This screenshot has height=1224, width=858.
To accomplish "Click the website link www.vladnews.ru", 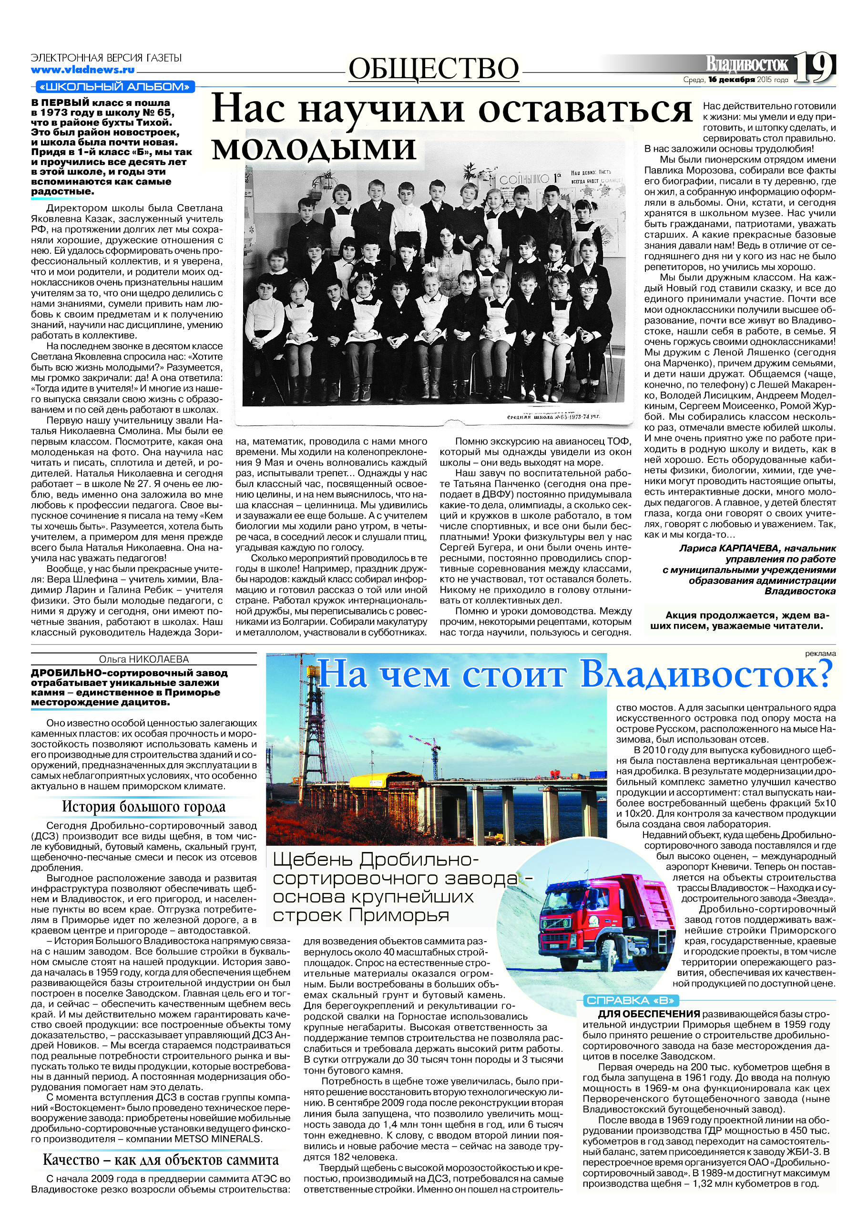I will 82,70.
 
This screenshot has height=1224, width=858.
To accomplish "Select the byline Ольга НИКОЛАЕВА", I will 144,659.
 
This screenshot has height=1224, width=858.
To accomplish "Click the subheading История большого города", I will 144,807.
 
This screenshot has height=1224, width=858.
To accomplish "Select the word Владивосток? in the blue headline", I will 705,674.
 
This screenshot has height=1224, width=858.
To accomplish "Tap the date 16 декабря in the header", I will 731,80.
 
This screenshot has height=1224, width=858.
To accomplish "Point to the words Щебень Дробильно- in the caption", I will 376,861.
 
